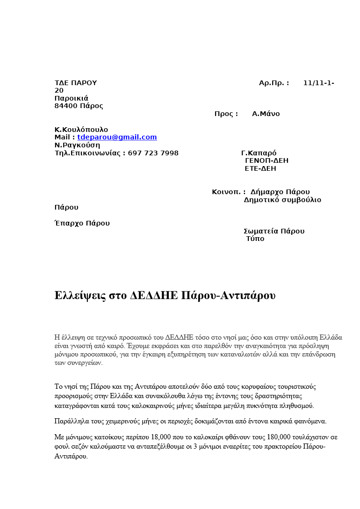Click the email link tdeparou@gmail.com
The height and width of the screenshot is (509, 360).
pos(117,137)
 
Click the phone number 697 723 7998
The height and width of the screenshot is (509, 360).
pos(153,153)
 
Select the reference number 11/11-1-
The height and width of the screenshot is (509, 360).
pos(318,83)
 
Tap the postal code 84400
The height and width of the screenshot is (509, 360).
pos(66,106)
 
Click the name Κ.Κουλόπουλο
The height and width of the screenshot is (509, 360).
pos(81,130)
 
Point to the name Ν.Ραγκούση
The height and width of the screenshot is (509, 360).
pos(77,145)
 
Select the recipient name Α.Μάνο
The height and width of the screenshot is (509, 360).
pos(266,114)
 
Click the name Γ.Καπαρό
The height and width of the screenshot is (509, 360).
pos(259,153)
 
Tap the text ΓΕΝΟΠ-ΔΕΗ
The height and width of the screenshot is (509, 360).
pos(266,160)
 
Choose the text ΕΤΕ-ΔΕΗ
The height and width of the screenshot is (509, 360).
pos(260,168)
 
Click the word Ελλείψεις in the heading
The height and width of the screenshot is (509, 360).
pos(80,296)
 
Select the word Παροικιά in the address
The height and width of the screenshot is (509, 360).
pos(72,98)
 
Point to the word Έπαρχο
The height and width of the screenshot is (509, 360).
pos(69,223)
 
